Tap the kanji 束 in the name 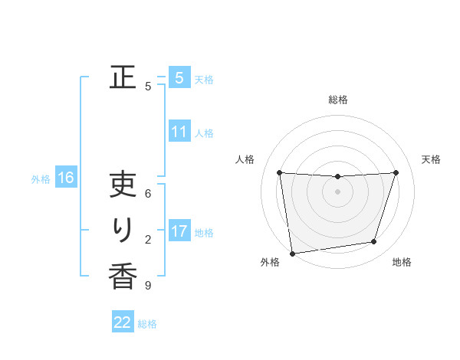point(123,186)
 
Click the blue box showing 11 point(179,132)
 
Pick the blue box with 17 point(179,231)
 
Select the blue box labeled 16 point(66,178)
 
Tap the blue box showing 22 point(123,322)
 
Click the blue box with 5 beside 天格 point(179,77)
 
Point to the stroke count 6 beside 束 point(148,195)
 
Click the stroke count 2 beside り point(148,240)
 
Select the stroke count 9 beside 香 point(148,286)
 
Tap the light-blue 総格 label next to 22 point(147,324)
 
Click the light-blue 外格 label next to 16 point(41,179)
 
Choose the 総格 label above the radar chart point(338,100)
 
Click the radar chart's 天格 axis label point(432,159)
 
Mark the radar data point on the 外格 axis point(292,253)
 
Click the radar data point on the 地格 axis point(374,242)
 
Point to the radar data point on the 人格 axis point(279,172)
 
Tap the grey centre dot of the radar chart point(338,191)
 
